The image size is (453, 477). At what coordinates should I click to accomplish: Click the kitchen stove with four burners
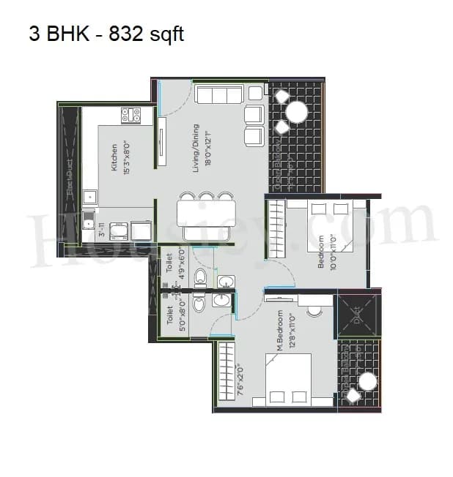click(130, 114)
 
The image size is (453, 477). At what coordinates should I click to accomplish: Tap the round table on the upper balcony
click(297, 111)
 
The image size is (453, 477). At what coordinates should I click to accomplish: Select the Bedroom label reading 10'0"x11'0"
click(326, 252)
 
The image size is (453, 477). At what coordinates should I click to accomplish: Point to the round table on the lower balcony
click(367, 382)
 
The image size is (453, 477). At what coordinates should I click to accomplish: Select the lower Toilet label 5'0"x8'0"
click(176, 320)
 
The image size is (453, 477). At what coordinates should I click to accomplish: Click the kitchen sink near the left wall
click(89, 197)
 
